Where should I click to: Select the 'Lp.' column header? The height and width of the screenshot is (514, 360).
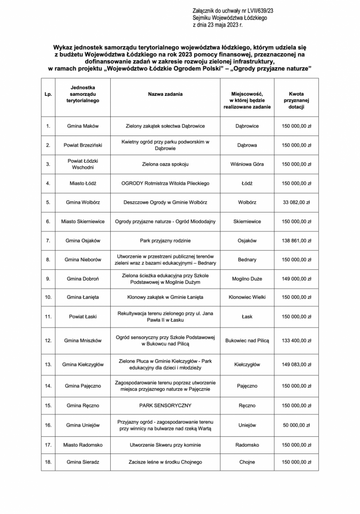pyautogui.click(x=48, y=94)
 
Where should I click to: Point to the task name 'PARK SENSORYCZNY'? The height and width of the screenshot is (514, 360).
pyautogui.click(x=165, y=406)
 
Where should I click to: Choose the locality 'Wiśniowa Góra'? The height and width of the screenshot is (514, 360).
pyautogui.click(x=247, y=164)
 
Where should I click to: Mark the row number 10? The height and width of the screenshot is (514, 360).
pyautogui.click(x=48, y=297)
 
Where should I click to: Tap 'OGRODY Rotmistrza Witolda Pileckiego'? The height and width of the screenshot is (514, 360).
pyautogui.click(x=165, y=184)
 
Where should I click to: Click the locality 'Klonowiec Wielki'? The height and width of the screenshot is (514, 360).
pyautogui.click(x=247, y=297)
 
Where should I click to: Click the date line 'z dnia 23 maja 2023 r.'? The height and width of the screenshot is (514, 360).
pyautogui.click(x=217, y=25)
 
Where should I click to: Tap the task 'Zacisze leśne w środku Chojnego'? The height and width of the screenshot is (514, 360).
pyautogui.click(x=165, y=461)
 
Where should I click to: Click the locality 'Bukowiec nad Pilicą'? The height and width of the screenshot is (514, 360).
pyautogui.click(x=247, y=340)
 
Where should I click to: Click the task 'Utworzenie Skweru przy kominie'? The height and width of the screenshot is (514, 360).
pyautogui.click(x=165, y=444)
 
